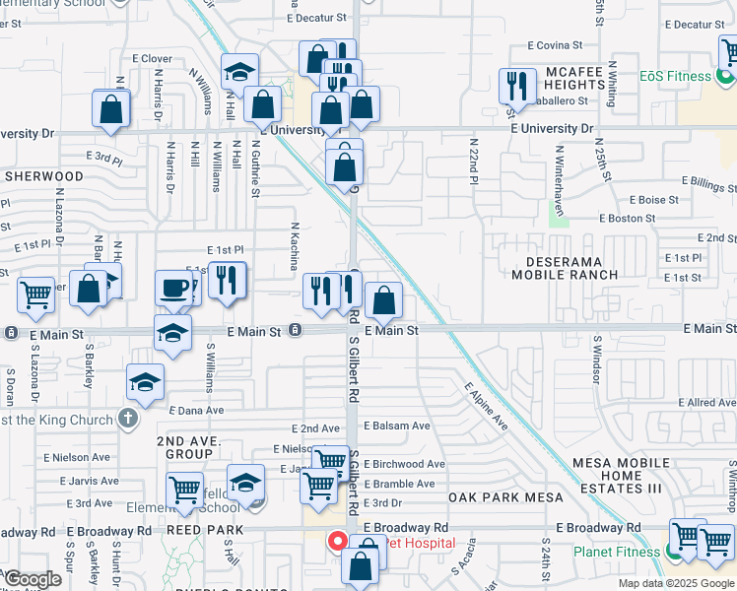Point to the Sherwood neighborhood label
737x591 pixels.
coord(43,176)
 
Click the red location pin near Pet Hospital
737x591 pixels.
coord(336,542)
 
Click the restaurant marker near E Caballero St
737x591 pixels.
coord(517,86)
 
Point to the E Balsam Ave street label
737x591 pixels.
coord(397,427)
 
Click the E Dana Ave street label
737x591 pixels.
coord(197,410)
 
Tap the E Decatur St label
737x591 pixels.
coord(319,18)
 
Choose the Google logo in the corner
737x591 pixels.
coord(33,579)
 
